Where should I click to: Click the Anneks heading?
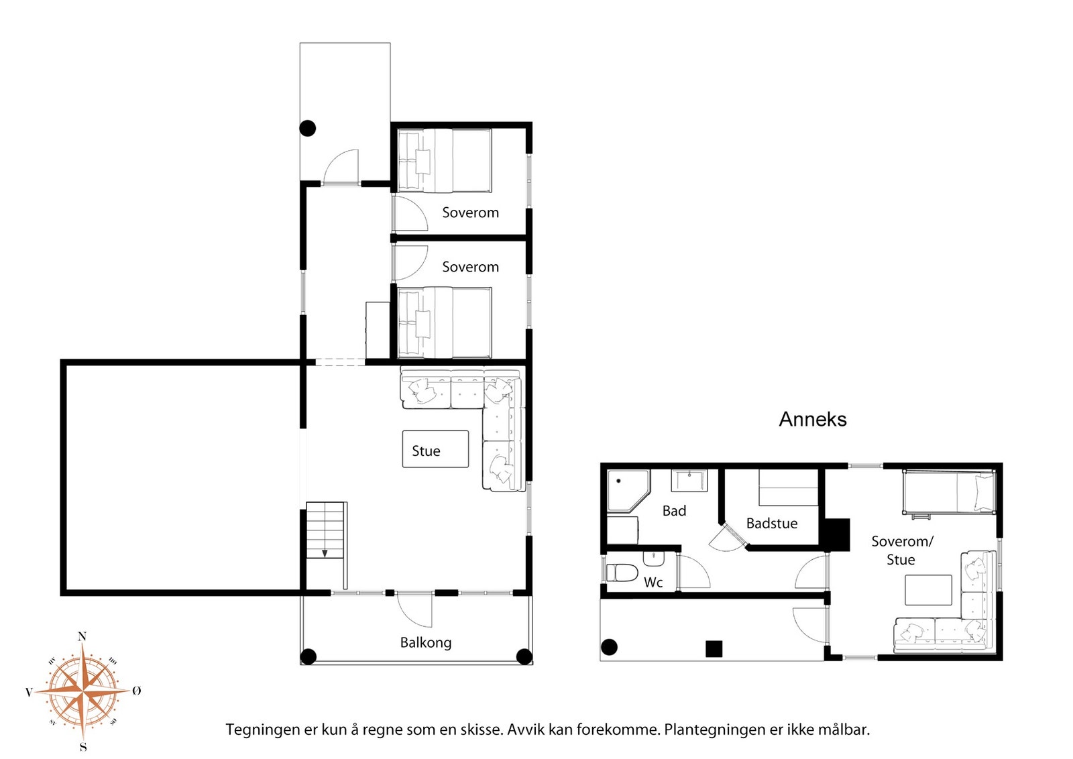tap(812, 420)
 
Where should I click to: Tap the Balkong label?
tap(426, 642)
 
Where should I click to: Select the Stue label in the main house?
tap(426, 451)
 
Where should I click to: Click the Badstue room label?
tap(772, 524)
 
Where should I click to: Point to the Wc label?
tap(653, 582)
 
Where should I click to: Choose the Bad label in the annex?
tap(674, 511)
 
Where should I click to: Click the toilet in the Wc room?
tap(622, 572)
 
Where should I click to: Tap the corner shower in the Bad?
tap(628, 491)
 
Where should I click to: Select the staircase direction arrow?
tap(325, 554)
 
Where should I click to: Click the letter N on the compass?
tap(82, 636)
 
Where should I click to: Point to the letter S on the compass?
tap(83, 747)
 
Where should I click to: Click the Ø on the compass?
tap(137, 690)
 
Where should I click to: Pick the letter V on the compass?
tap(29, 692)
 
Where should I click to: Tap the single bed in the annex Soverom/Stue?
tap(949, 491)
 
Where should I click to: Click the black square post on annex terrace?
tap(714, 649)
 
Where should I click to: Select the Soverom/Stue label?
tap(902, 550)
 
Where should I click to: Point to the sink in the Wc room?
tap(653, 559)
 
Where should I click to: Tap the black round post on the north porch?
tap(308, 128)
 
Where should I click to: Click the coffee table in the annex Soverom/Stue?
tap(928, 590)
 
